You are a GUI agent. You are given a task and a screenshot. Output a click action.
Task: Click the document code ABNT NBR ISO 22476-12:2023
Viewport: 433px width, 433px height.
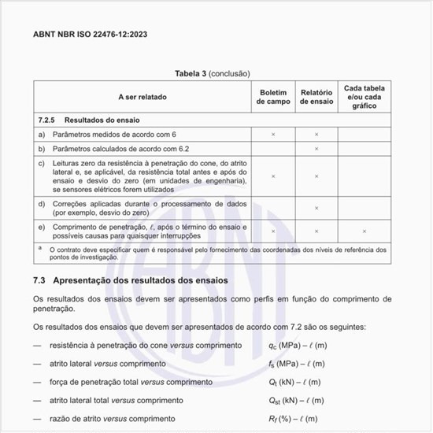(90, 35)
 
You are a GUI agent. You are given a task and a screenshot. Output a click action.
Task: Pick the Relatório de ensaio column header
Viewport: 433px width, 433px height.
(316, 97)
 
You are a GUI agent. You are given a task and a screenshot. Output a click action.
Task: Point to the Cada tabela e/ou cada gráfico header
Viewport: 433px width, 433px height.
(365, 97)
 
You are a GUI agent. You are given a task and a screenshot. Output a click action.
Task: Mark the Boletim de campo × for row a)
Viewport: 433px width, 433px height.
(272, 135)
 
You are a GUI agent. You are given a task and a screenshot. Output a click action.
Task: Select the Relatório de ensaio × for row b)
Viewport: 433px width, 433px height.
(316, 148)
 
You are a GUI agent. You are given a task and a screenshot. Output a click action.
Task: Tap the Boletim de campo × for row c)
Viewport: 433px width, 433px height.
(272, 176)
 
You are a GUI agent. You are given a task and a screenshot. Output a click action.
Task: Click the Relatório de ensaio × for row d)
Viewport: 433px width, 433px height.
(316, 208)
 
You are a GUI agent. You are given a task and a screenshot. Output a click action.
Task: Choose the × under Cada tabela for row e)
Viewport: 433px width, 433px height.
(365, 231)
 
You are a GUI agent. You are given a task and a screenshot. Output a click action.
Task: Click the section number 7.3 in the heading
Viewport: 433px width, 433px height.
(41, 280)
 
